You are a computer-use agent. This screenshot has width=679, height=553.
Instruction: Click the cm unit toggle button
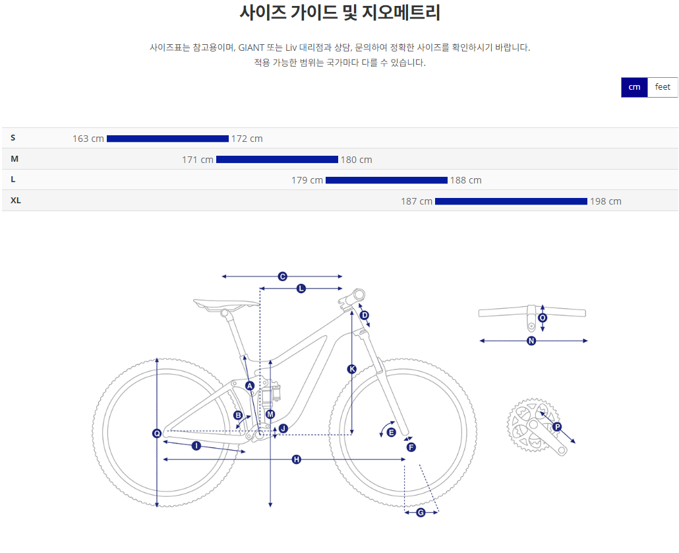click(634, 87)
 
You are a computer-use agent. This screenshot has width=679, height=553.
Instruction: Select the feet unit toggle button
click(663, 87)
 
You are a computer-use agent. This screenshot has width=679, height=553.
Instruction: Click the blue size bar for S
click(167, 139)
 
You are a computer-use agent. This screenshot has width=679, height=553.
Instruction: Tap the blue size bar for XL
click(511, 201)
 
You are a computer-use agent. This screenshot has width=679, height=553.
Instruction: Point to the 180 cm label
click(357, 160)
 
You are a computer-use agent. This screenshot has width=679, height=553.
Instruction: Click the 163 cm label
click(88, 139)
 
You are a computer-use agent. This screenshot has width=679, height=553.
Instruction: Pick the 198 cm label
click(606, 201)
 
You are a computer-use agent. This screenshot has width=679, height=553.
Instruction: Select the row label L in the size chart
click(13, 179)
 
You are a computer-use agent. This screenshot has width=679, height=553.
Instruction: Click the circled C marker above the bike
click(282, 276)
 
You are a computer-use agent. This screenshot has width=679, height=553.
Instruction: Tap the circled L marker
click(301, 288)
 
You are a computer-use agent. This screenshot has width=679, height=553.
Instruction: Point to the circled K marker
click(351, 369)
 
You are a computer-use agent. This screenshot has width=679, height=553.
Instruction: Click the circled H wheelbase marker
click(297, 459)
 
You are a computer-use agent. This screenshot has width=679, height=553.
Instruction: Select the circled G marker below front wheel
click(421, 513)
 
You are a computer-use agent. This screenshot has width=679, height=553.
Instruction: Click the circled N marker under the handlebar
click(531, 341)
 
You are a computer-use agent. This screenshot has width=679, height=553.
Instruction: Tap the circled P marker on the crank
click(557, 427)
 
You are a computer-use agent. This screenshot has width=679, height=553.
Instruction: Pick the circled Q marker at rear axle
click(157, 434)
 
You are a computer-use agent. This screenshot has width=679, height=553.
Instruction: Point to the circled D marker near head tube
click(365, 315)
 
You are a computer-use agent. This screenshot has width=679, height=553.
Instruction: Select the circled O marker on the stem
click(543, 317)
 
